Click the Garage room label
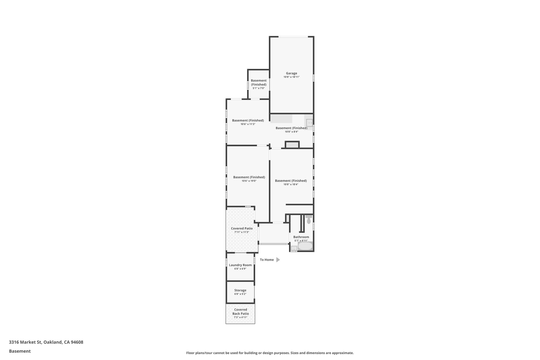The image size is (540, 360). pyautogui.click(x=291, y=73)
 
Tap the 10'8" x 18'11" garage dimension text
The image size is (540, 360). pyautogui.click(x=291, y=77)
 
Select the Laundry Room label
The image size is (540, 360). pyautogui.click(x=240, y=265)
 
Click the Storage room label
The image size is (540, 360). pyautogui.click(x=240, y=290)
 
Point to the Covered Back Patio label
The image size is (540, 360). pyautogui.click(x=240, y=311)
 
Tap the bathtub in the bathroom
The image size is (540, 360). pyautogui.click(x=305, y=246)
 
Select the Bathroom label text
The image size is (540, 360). pyautogui.click(x=301, y=237)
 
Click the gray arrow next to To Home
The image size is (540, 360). pyautogui.click(x=278, y=260)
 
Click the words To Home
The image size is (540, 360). pyautogui.click(x=267, y=260)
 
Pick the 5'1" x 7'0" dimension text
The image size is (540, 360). pyautogui.click(x=258, y=88)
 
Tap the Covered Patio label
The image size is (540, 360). pyautogui.click(x=242, y=228)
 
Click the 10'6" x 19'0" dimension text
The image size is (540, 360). pyautogui.click(x=249, y=181)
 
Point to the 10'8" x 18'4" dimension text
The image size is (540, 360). pyautogui.click(x=291, y=185)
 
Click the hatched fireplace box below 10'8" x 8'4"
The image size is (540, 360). pyautogui.click(x=292, y=145)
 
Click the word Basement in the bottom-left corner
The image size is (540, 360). pyautogui.click(x=20, y=351)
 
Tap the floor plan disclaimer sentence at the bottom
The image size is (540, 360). pyautogui.click(x=270, y=353)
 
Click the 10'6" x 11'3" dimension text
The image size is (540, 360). pyautogui.click(x=248, y=124)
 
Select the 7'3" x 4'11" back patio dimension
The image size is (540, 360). pyautogui.click(x=240, y=317)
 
